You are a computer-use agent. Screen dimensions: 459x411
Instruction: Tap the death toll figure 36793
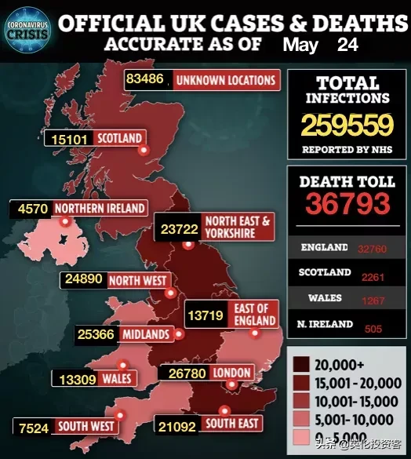[347, 204]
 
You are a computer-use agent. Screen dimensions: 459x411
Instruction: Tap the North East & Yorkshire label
[236, 228]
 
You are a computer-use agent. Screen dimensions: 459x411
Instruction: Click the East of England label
[254, 314]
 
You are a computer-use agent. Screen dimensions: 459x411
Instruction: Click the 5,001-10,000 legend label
[366, 420]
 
